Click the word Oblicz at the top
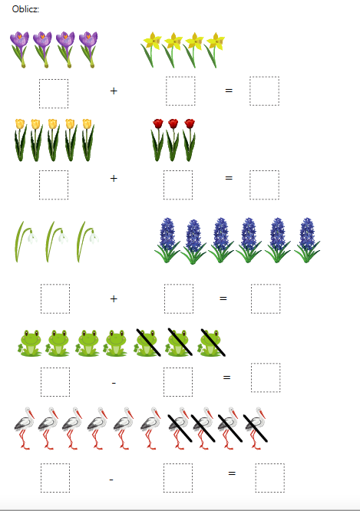25,9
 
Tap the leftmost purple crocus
19,49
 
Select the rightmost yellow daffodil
215,50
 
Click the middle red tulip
173,140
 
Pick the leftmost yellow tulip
20,140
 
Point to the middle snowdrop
56,242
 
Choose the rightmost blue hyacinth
307,240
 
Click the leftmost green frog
30,343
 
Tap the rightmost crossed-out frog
211,343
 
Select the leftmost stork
25,428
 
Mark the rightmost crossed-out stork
256,428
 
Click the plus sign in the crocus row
114,91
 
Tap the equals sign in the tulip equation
229,178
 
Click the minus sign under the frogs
114,383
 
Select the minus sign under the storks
111,480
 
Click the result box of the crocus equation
265,91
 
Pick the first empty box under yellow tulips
54,185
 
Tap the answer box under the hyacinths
179,298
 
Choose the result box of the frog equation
266,377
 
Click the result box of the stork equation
269,478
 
